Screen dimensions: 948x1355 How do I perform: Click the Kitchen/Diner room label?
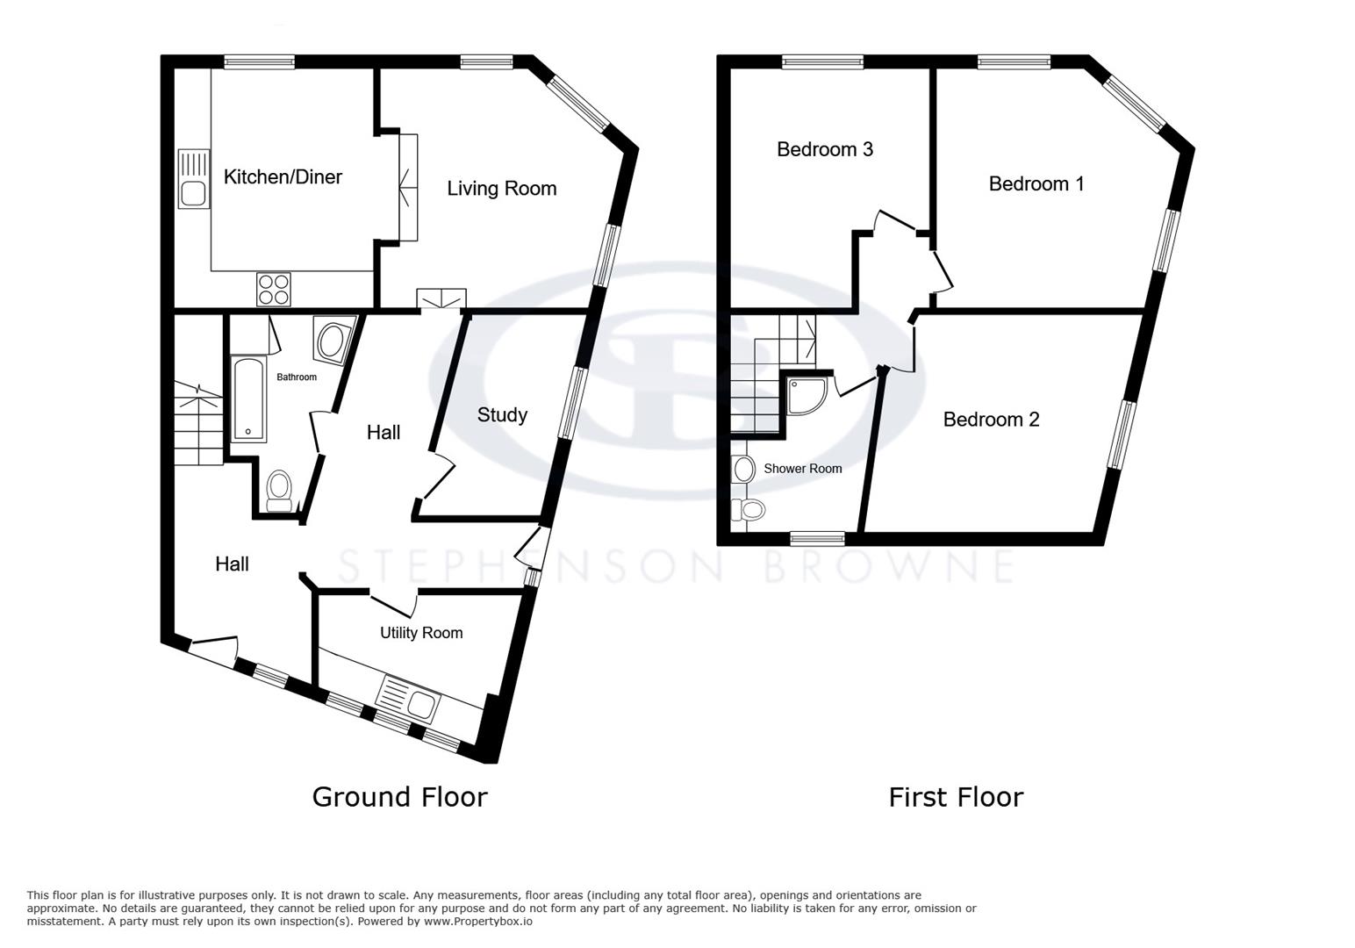(x=283, y=177)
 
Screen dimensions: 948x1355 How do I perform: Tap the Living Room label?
(x=501, y=189)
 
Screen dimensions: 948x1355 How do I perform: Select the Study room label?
(x=502, y=415)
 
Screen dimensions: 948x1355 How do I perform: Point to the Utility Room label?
(x=421, y=633)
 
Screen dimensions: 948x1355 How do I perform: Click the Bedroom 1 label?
(x=1036, y=183)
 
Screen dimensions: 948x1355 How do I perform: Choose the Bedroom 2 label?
(x=991, y=420)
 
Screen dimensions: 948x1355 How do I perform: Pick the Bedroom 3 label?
(x=824, y=149)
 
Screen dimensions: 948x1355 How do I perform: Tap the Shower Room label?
(x=802, y=469)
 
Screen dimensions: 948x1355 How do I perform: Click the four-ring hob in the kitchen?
(x=274, y=289)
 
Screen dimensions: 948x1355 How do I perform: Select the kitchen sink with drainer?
(x=193, y=178)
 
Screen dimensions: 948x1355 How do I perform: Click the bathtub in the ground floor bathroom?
(x=248, y=399)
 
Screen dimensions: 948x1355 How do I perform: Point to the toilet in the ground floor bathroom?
(x=279, y=489)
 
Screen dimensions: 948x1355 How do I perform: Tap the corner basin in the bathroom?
(x=333, y=341)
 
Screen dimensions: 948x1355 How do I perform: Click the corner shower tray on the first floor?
(x=805, y=396)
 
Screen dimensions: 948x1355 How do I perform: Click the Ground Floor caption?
(x=399, y=797)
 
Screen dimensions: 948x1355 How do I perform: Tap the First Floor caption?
(x=956, y=797)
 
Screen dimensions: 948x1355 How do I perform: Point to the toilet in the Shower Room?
(x=749, y=509)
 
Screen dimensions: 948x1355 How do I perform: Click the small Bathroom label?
(x=297, y=377)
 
